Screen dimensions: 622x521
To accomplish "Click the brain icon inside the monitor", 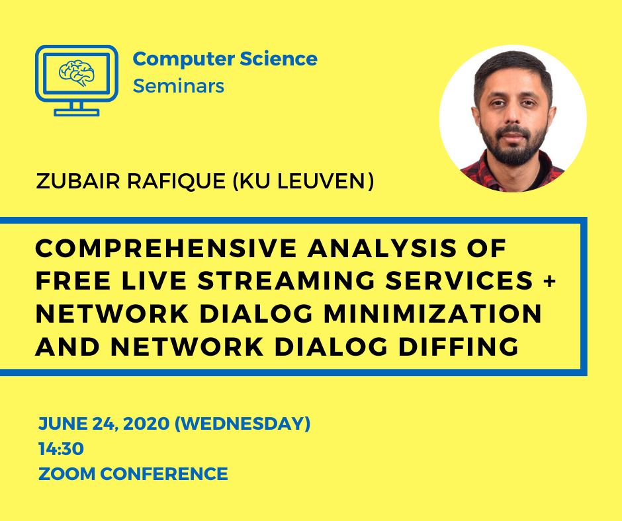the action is (x=77, y=73).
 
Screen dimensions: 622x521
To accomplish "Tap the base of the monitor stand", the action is (x=77, y=112).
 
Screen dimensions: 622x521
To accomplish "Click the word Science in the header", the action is (x=279, y=59).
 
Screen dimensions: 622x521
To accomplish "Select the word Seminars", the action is (x=179, y=86).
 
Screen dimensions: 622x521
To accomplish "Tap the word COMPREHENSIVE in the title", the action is (x=166, y=248).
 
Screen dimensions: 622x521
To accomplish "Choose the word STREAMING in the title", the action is (x=287, y=281).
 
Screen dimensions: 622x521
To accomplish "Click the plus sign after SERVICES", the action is (x=550, y=281).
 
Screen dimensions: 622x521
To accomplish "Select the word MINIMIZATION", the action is (x=433, y=313).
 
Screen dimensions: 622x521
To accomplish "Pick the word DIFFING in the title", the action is (x=459, y=346).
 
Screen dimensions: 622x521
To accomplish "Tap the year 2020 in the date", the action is (x=146, y=424).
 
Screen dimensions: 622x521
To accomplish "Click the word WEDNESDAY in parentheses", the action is (x=243, y=424).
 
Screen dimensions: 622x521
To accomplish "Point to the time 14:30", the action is (x=61, y=449).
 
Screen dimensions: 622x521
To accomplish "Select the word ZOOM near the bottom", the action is (x=67, y=474).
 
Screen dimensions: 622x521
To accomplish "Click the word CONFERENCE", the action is (x=164, y=474).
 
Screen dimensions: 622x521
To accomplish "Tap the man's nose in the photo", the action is (x=513, y=114).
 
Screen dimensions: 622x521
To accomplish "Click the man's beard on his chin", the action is (x=513, y=153).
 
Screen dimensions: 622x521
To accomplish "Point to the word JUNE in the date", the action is (x=63, y=424).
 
